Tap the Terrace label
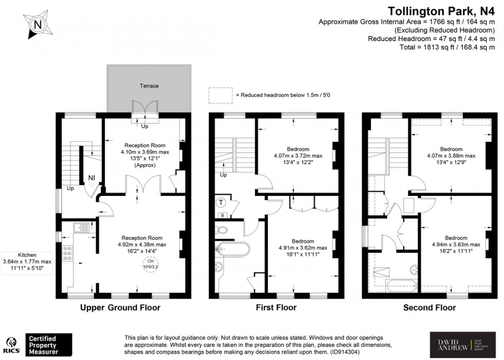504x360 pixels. click(x=149, y=86)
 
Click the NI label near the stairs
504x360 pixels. click(x=92, y=178)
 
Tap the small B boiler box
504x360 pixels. click(x=222, y=215)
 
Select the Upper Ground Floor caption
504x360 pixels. click(x=120, y=308)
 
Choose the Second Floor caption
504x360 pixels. click(x=430, y=308)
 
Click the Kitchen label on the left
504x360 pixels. click(x=26, y=255)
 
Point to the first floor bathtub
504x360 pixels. click(x=232, y=248)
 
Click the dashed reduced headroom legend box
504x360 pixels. click(x=220, y=96)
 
